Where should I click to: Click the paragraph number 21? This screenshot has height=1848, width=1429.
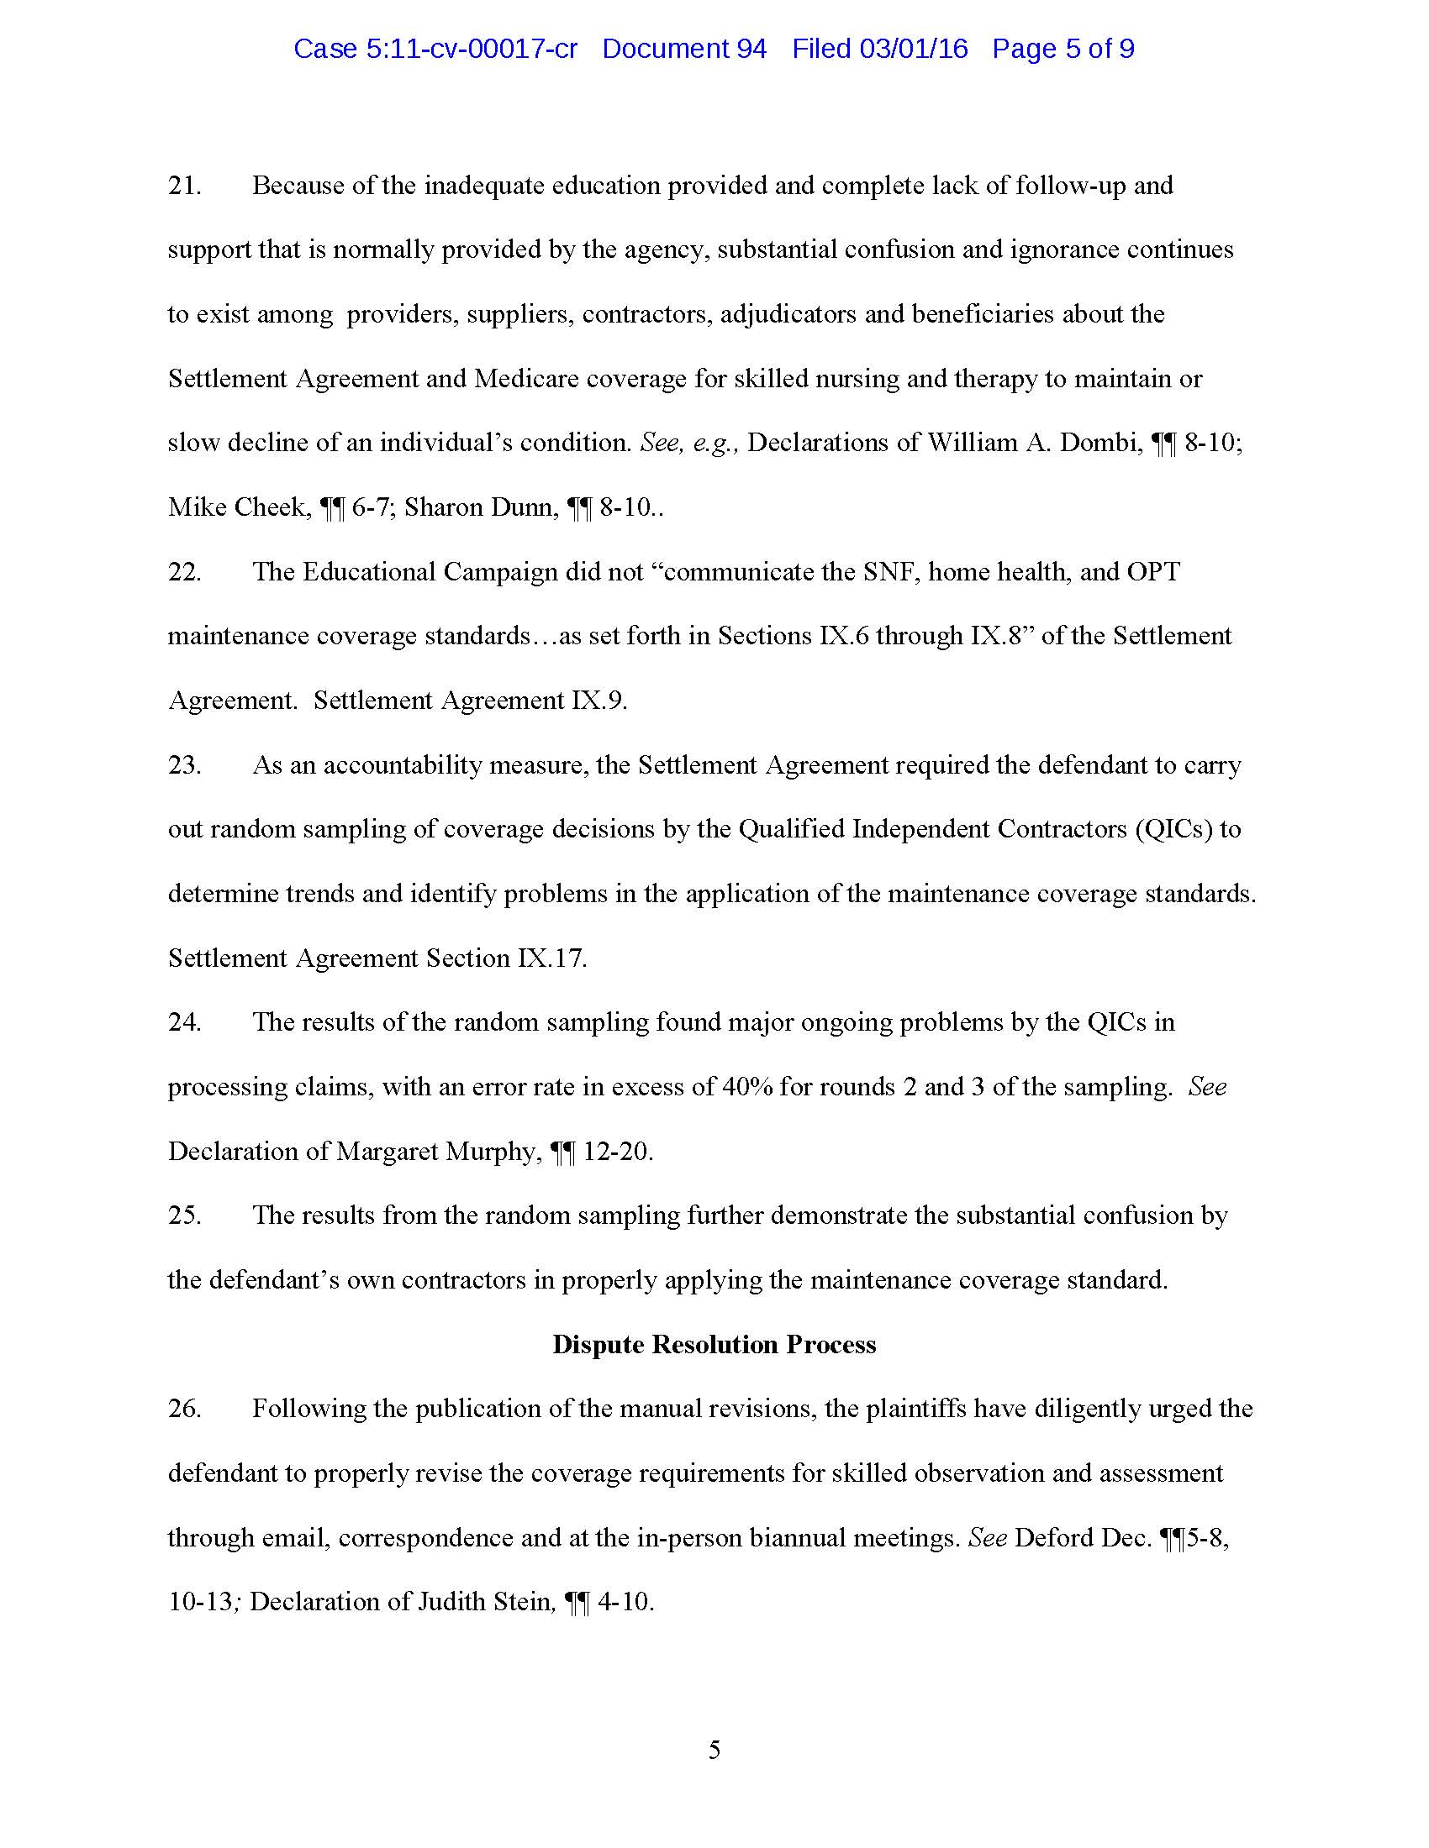[x=184, y=186]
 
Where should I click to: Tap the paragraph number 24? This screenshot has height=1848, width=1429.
[x=184, y=1022]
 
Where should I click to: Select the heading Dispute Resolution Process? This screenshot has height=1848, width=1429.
[x=714, y=1345]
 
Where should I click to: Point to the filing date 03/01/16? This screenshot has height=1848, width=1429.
[x=914, y=49]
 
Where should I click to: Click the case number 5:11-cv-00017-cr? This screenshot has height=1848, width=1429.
[x=472, y=49]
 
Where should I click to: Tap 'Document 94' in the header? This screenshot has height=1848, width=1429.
[x=684, y=49]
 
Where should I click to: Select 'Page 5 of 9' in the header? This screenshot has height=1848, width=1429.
[x=1063, y=49]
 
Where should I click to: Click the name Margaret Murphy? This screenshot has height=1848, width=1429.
[x=436, y=1151]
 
